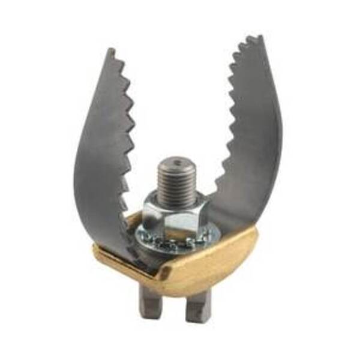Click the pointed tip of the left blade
tap(110, 50)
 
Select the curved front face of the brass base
tap(204, 264)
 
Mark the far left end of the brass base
tap(95, 248)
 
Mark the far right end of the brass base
tap(257, 232)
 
